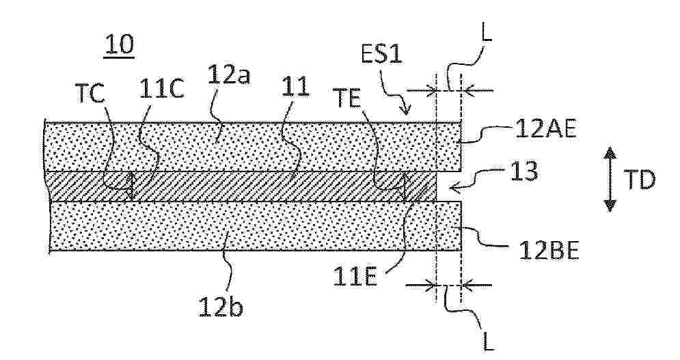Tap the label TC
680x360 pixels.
click(x=90, y=94)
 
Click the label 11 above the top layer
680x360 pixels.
click(x=295, y=87)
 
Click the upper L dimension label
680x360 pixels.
click(x=487, y=33)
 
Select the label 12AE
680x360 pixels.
click(x=546, y=128)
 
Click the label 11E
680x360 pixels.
click(x=355, y=277)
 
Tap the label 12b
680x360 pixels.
click(x=221, y=307)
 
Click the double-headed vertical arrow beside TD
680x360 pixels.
click(x=610, y=180)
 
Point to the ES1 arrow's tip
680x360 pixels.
click(x=407, y=113)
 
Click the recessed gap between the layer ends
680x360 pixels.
click(x=448, y=186)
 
